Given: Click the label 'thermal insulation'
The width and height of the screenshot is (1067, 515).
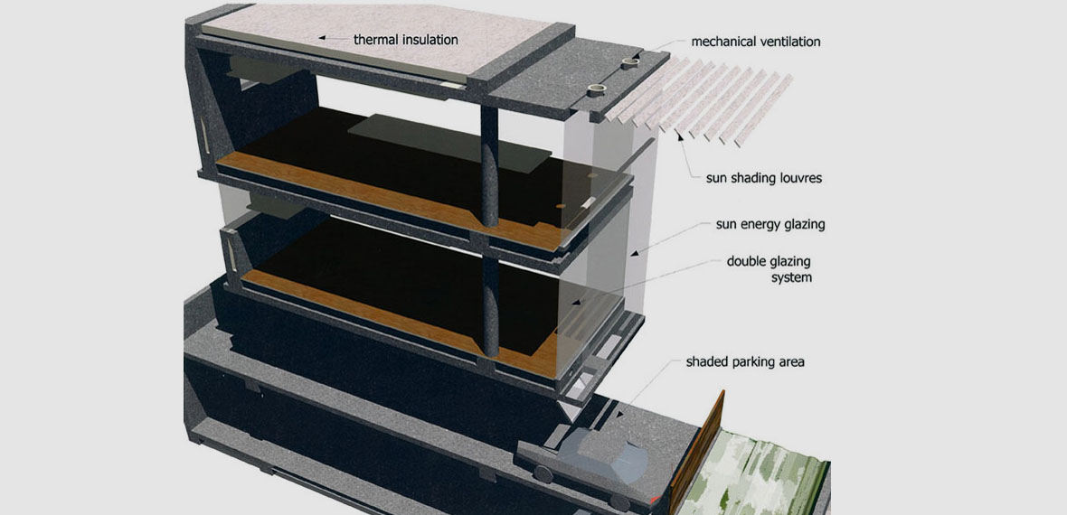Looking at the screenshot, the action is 406,40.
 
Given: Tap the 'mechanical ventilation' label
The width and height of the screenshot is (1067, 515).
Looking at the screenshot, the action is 755,42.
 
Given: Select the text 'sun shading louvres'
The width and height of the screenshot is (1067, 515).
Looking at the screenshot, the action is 763,180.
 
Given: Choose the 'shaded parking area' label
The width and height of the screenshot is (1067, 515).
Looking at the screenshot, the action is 745,362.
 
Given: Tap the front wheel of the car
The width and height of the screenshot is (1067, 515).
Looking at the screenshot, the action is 619,502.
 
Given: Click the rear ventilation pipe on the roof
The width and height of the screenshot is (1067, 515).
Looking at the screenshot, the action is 628,64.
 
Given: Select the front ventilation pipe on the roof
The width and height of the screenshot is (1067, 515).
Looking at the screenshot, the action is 597,89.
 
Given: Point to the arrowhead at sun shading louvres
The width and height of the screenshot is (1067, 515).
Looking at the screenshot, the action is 678,136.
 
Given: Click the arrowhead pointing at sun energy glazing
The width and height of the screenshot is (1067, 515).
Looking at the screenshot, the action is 634,253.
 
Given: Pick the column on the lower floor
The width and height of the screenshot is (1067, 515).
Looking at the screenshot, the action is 491,306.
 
